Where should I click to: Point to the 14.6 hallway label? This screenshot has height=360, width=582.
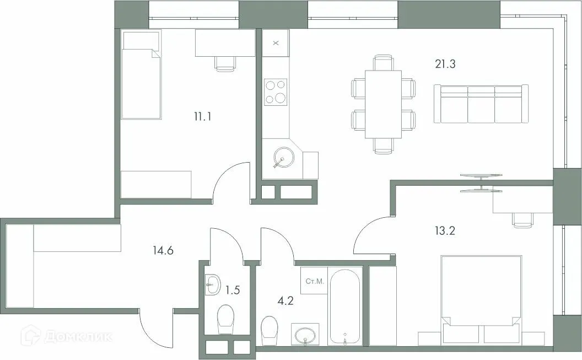pos(164,251)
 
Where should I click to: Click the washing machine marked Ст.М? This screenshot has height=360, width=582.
pos(314,282)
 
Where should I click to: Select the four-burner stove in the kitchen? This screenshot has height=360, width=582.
pos(276,92)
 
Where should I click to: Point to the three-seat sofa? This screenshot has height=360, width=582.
pos(480,104)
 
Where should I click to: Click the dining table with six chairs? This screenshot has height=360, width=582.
pos(384,104)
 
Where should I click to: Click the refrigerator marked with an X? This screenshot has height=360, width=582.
pos(276,42)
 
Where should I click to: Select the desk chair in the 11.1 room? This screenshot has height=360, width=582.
pos(225,63)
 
